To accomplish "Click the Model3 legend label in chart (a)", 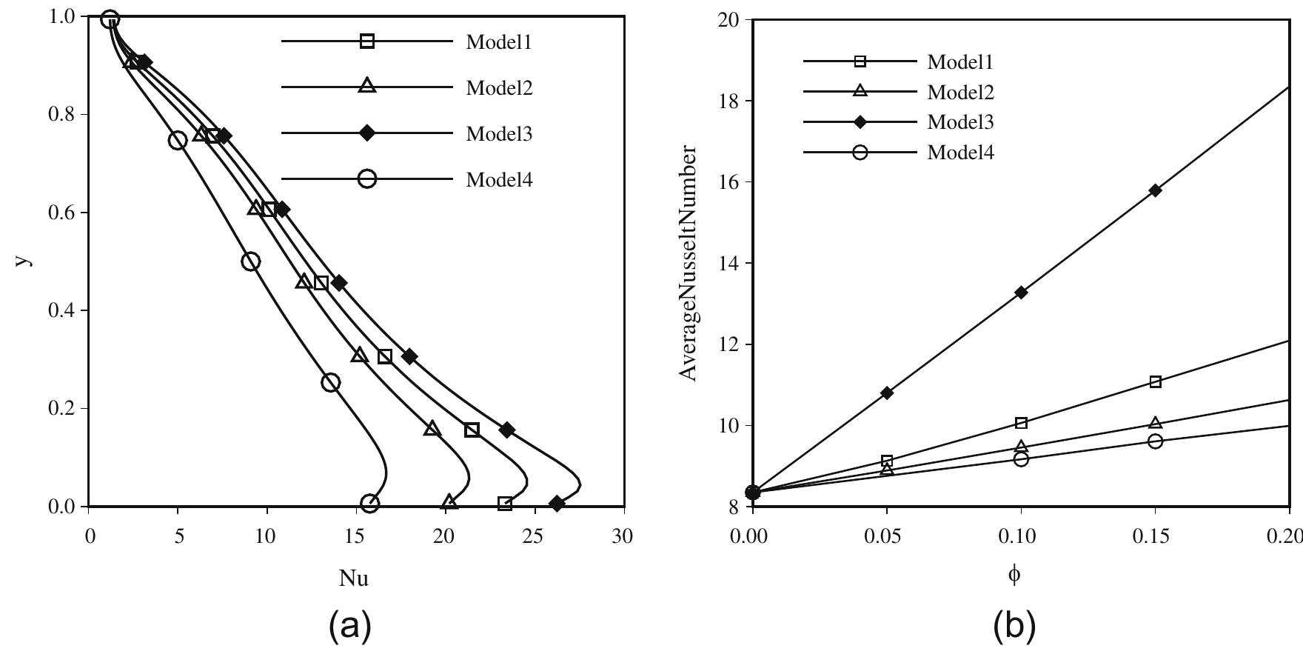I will [x=499, y=134].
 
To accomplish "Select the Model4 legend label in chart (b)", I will [x=960, y=153].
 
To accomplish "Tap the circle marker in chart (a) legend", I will [x=367, y=178].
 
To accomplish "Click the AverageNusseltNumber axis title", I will [x=689, y=263].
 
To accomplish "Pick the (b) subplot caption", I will [x=1015, y=627].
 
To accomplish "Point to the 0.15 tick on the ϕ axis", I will [x=1155, y=536].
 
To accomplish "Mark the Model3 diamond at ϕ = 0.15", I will [x=1155, y=190].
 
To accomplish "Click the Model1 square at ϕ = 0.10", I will [x=1021, y=423].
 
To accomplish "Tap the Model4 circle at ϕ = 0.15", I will [x=1155, y=441].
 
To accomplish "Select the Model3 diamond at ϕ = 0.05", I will [x=887, y=393].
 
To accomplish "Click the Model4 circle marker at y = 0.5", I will [x=251, y=261].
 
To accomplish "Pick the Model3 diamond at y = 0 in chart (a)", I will [x=557, y=504].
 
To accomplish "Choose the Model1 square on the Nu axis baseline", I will [x=505, y=504].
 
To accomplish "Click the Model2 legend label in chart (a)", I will [x=499, y=88].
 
